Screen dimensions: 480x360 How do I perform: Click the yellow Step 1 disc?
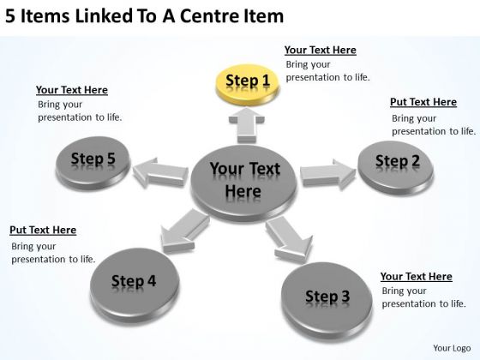pos(248,85)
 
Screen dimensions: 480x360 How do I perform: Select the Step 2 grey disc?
pos(395,167)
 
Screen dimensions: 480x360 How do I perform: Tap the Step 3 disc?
pos(327,301)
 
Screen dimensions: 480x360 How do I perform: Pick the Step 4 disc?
pos(135,285)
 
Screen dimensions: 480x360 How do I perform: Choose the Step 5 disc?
pos(93,163)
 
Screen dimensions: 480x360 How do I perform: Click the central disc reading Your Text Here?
pos(243,183)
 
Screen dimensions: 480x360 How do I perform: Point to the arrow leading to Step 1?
pos(247,125)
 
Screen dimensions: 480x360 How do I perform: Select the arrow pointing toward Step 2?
pos(327,174)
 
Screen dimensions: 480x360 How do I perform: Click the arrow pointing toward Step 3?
pos(289,239)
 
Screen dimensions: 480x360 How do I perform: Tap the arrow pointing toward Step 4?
pos(185,231)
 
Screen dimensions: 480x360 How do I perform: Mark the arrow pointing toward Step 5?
pos(161,172)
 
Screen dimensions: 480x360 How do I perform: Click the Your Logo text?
pos(452,348)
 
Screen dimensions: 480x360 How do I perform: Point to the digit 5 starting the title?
pos(10,16)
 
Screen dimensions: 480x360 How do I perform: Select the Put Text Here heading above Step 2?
pos(423,102)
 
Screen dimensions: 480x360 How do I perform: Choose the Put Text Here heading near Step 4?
pos(43,230)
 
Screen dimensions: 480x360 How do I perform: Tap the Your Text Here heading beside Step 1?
pos(321,50)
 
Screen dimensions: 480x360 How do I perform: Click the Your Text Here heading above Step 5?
pos(72,90)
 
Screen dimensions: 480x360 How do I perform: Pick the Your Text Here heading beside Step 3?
pos(417,276)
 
